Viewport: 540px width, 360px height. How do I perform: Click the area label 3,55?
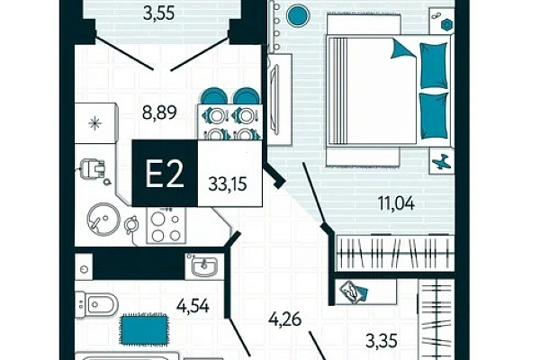click(158, 13)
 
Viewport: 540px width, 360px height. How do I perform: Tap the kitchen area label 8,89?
click(159, 112)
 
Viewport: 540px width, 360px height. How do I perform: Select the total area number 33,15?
click(228, 184)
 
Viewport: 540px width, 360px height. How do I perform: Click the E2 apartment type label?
click(165, 174)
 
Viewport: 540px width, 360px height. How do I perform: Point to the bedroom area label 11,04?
click(396, 202)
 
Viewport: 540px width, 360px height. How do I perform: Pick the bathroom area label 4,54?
click(193, 305)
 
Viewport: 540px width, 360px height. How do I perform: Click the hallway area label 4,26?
click(285, 319)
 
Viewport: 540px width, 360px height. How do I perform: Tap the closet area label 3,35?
click(382, 341)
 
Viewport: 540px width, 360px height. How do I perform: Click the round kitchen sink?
click(103, 220)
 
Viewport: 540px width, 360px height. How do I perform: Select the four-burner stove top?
click(166, 226)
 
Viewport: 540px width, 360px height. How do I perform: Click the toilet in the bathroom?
click(96, 304)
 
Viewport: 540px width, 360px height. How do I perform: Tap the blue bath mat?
click(144, 329)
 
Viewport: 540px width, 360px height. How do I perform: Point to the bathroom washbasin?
click(204, 265)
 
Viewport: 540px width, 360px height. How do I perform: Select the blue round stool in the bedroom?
click(298, 15)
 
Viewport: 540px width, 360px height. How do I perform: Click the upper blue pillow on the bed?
click(434, 65)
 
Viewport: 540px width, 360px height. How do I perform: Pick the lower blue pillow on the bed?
click(435, 116)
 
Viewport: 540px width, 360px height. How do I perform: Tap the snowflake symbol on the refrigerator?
click(95, 123)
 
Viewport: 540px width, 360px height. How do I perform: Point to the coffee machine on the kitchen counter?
click(93, 170)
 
